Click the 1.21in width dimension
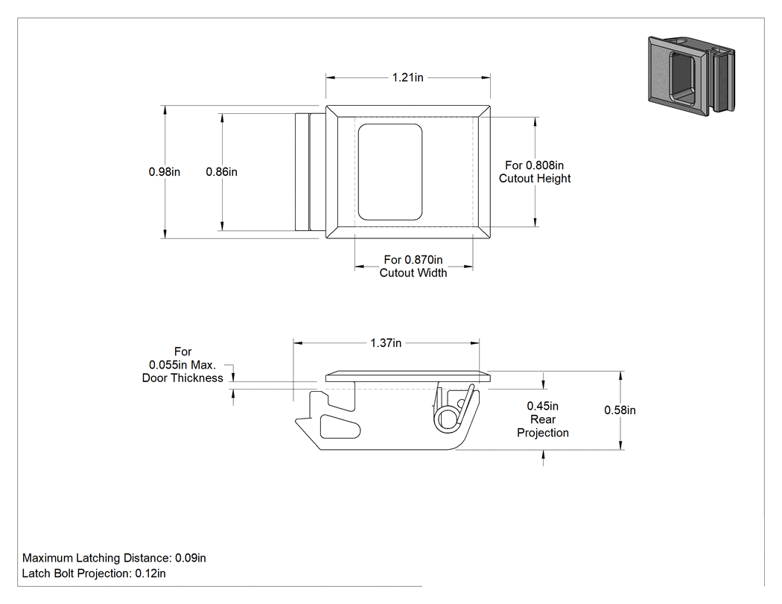click(x=407, y=77)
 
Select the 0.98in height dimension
click(x=164, y=171)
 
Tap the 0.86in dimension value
click(x=221, y=171)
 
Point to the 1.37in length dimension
click(x=386, y=343)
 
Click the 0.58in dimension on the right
click(x=620, y=410)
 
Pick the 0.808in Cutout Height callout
click(x=535, y=171)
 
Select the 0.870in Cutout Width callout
click(x=413, y=266)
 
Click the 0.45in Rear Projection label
click(x=543, y=419)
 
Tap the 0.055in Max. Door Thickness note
click(x=182, y=365)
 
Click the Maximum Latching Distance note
click(x=114, y=558)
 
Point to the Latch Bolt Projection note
click(x=94, y=573)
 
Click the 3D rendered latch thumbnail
click(x=691, y=75)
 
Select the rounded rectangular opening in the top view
click(x=390, y=172)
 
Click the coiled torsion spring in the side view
click(x=446, y=418)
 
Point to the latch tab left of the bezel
click(x=310, y=172)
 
